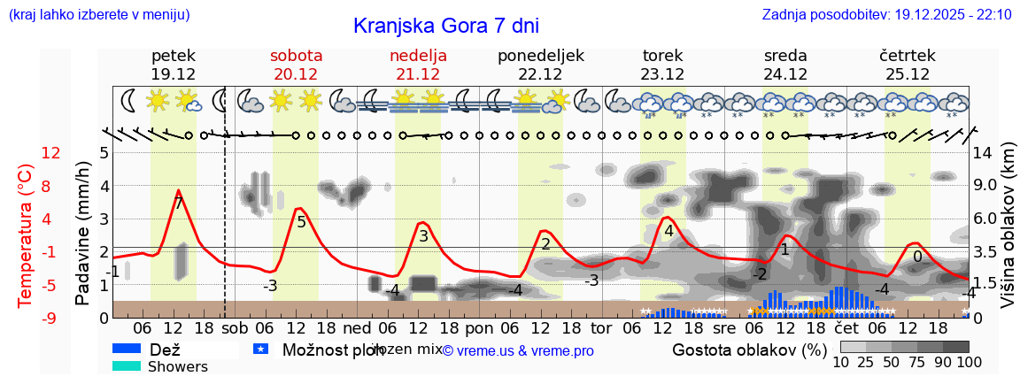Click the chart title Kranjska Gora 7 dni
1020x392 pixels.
click(x=445, y=26)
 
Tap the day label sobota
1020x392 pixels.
click(x=296, y=56)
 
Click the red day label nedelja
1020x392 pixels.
click(x=418, y=56)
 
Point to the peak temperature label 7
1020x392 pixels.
click(x=179, y=204)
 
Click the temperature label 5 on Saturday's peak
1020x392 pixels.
click(x=301, y=222)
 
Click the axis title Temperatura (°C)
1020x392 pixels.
click(x=27, y=234)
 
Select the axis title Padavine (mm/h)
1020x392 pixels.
click(x=83, y=234)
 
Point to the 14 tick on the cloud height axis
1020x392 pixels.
click(x=983, y=153)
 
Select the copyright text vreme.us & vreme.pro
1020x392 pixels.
click(x=518, y=350)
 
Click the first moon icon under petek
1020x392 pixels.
click(x=128, y=100)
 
